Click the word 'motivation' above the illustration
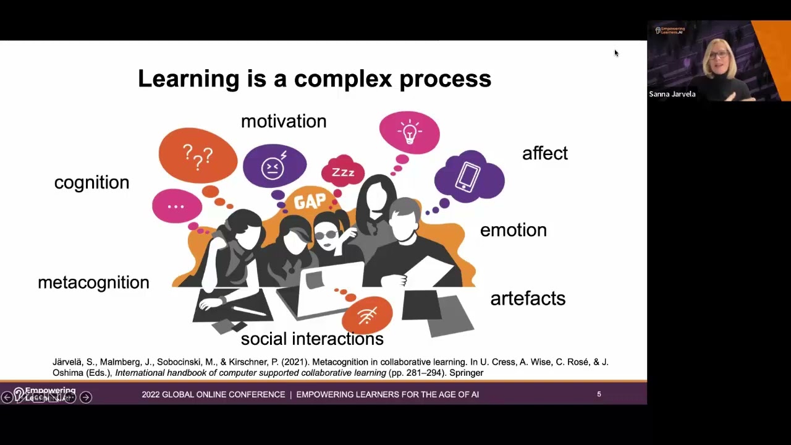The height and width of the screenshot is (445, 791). [x=284, y=121]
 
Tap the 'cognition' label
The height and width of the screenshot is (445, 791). [x=91, y=182]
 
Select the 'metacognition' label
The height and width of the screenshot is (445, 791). [x=93, y=282]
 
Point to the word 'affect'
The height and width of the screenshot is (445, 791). [x=544, y=153]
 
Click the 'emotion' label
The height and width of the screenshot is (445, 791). [x=513, y=230]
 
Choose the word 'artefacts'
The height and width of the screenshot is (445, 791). [x=527, y=299]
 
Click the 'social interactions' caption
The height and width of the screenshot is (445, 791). [x=312, y=339]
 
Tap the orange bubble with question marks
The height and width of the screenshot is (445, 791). [x=198, y=156]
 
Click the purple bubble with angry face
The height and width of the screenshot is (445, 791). [x=274, y=166]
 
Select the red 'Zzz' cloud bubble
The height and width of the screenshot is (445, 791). [x=343, y=172]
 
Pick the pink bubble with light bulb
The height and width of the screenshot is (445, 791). [x=409, y=132]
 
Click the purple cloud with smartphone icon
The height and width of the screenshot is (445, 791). [x=469, y=177]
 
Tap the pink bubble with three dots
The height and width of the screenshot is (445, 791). [x=177, y=206]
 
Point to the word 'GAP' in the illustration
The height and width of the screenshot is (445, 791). [x=310, y=201]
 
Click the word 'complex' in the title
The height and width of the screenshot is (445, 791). [x=343, y=78]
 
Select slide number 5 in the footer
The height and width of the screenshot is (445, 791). [x=599, y=394]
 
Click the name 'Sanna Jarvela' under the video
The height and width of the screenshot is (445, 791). [x=672, y=94]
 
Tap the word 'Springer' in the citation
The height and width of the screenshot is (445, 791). [x=466, y=373]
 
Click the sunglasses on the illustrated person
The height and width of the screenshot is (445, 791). [x=326, y=234]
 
